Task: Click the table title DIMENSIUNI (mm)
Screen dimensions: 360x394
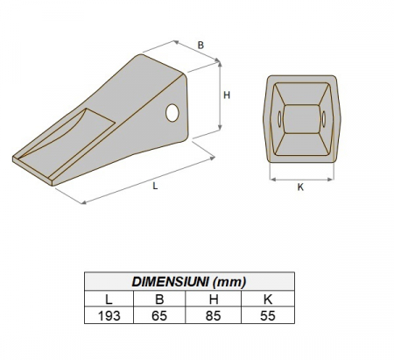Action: coord(188,281)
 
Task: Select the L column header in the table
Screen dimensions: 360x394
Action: coord(109,299)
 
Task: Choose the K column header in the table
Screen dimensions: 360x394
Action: coord(267,299)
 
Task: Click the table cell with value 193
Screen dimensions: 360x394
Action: coord(109,315)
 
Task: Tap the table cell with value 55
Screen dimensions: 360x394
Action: coord(267,315)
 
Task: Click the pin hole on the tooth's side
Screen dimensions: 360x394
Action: coord(172,112)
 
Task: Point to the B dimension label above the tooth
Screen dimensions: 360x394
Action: coord(201,44)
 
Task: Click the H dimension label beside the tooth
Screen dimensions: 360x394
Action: coord(226,97)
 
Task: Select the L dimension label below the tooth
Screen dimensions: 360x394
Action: coord(156,187)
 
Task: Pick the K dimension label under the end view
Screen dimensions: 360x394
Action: coord(300,187)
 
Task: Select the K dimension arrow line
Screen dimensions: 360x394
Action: coord(300,178)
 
